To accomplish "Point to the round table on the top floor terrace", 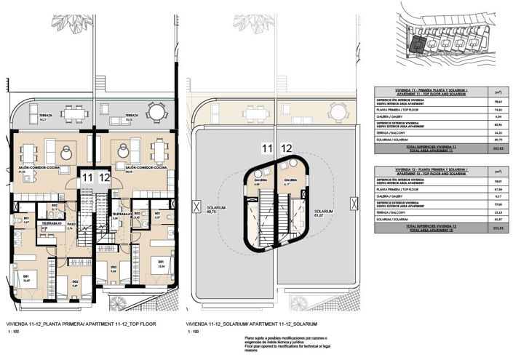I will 156,111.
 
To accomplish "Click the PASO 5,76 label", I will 70,247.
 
